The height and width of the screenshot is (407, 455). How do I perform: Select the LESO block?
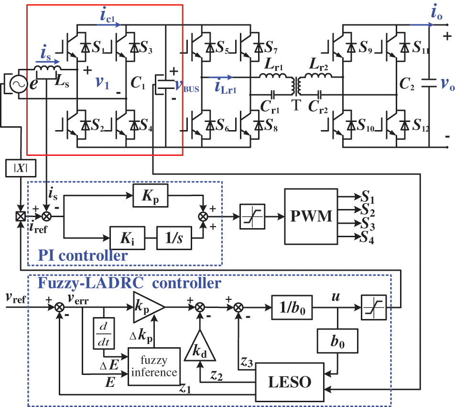(290, 381)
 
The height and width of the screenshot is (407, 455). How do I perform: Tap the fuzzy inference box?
(154, 366)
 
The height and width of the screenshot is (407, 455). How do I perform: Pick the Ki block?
(127, 237)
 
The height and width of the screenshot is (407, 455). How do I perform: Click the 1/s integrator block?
(174, 237)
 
